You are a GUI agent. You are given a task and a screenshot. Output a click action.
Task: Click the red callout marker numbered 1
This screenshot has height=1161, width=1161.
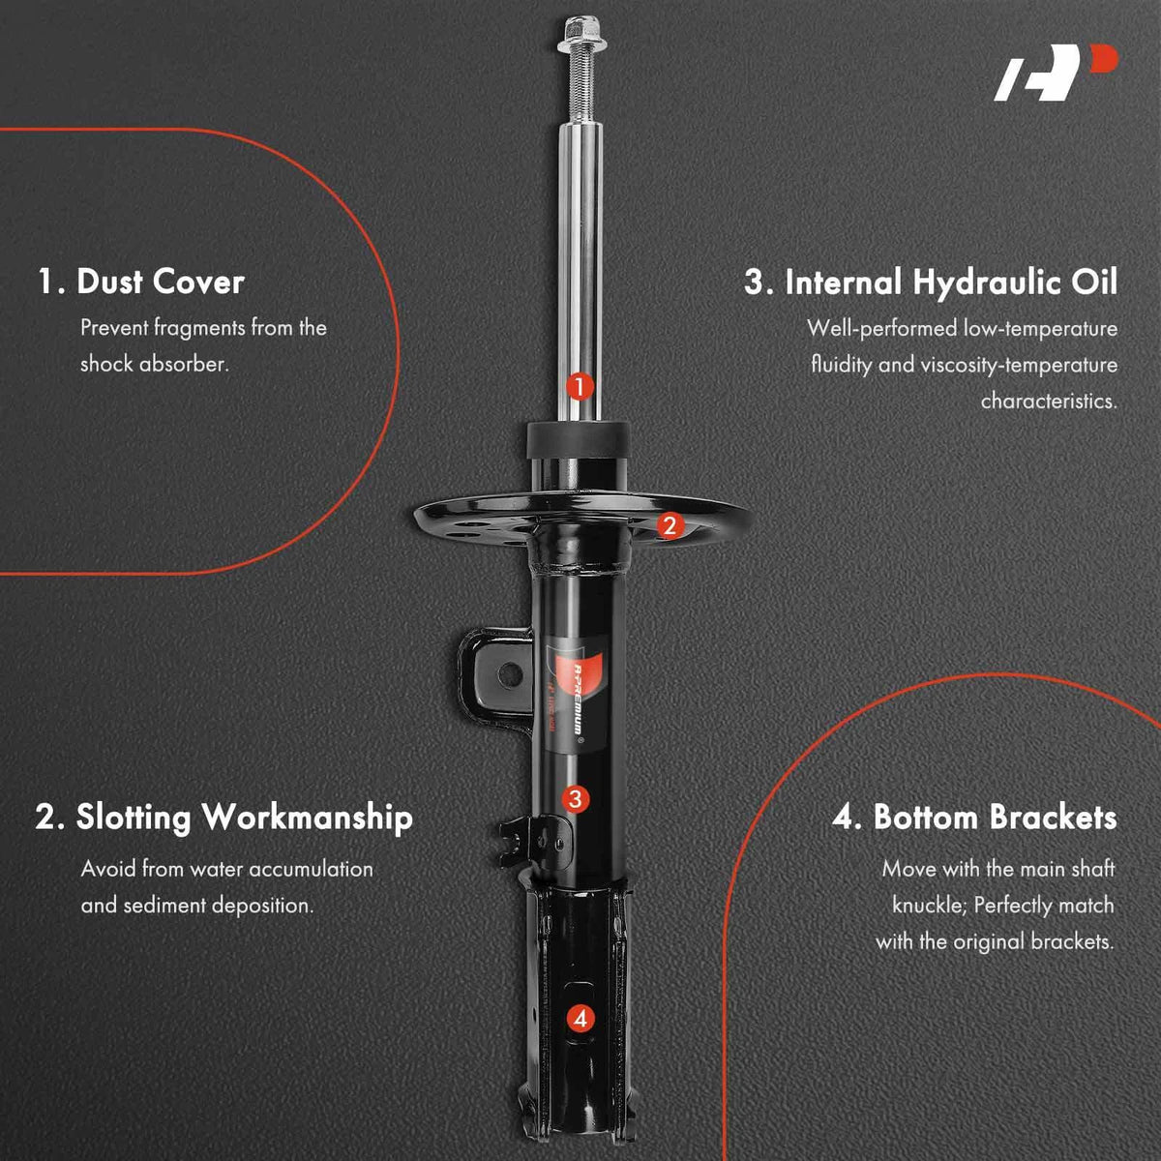point(579,387)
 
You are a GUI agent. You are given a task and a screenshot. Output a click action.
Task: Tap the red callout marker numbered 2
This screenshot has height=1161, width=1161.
point(670,526)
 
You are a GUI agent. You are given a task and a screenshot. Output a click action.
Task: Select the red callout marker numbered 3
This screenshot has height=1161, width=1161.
point(576,799)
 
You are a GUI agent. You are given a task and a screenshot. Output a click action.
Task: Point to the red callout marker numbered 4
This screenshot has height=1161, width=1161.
point(580,1019)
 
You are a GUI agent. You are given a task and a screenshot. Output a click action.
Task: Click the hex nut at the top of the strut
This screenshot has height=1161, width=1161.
point(580,34)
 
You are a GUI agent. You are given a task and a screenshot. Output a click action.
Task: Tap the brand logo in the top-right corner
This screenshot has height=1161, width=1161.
point(1055,73)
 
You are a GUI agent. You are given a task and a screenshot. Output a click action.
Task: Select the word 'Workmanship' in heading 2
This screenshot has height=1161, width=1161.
point(307,819)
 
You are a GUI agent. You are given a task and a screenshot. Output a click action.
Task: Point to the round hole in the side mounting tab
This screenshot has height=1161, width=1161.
point(510,673)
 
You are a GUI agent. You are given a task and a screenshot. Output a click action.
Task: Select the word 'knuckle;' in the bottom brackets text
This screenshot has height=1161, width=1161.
point(930,906)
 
